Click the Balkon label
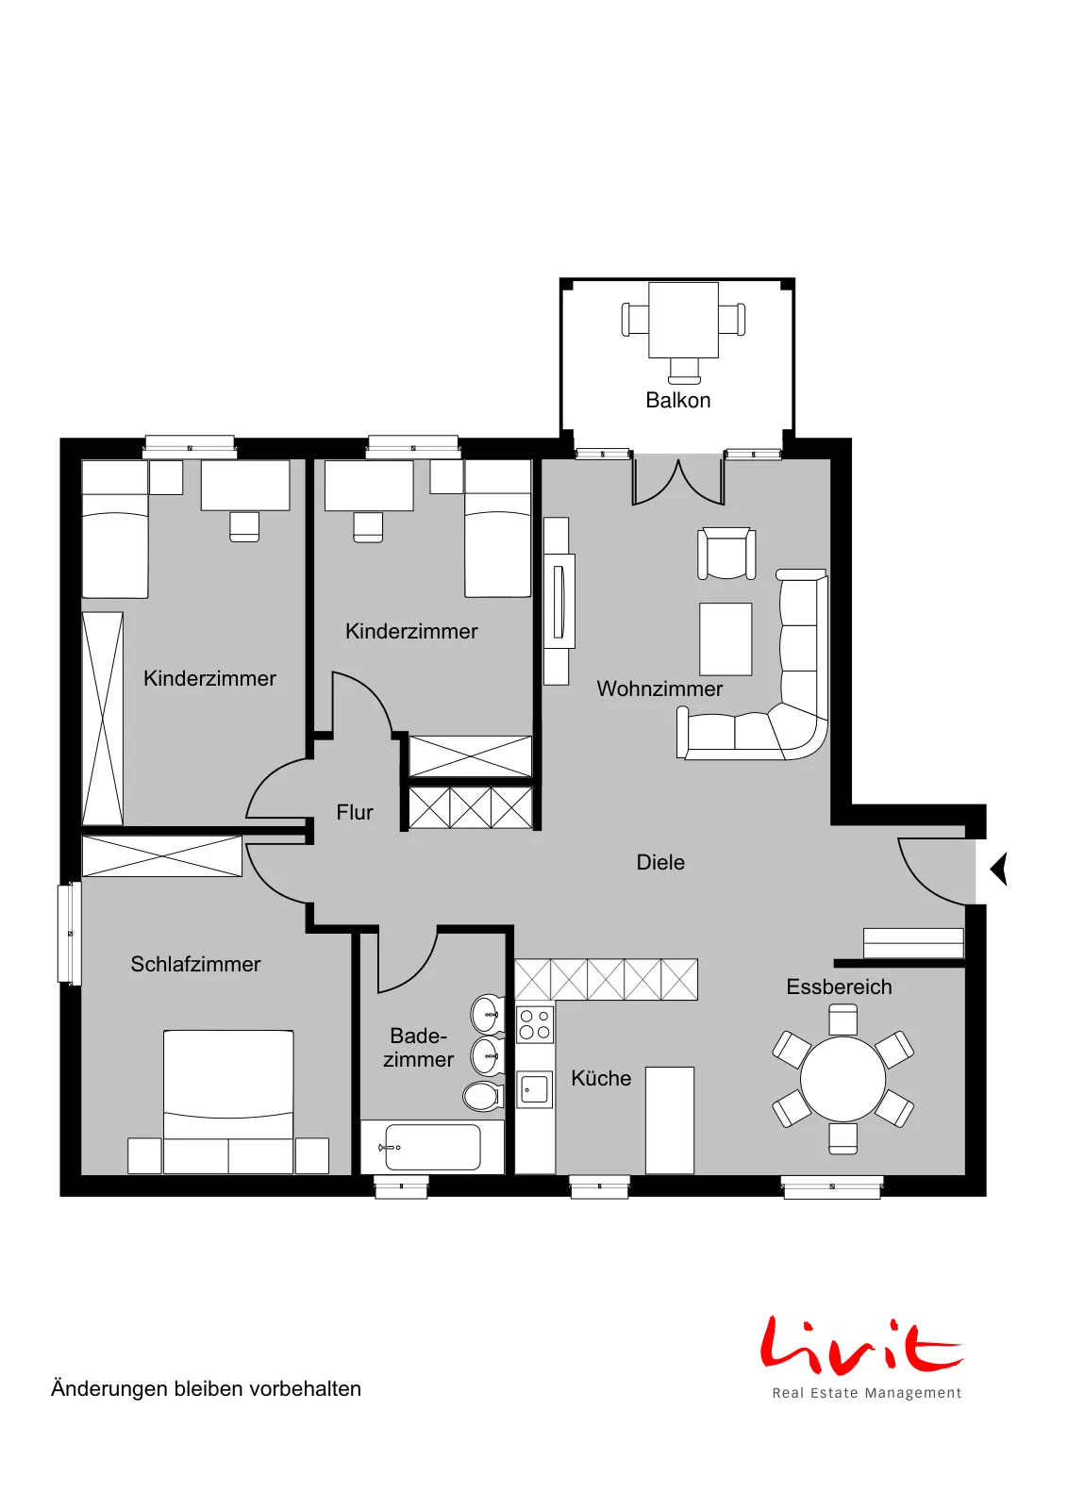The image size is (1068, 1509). point(677,400)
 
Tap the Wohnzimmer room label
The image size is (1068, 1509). point(659,688)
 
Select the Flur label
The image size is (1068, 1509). point(355,812)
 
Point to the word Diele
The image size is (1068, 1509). point(660,862)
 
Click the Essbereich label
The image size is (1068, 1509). point(839,987)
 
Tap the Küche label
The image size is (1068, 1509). point(601,1079)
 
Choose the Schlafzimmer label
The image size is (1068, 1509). point(195,964)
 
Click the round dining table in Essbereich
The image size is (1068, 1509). point(843,1079)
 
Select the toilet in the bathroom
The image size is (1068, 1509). point(482,1097)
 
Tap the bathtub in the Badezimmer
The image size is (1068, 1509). point(432,1147)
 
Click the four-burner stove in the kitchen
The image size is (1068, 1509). point(535,1024)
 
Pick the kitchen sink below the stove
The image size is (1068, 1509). point(534,1088)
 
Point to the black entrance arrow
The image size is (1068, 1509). point(998,869)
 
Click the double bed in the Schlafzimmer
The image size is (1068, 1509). point(228,1103)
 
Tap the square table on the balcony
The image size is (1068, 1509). point(683,320)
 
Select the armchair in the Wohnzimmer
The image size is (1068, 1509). point(726,554)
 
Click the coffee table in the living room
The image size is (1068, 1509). point(726,638)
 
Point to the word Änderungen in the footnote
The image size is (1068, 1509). point(108,1389)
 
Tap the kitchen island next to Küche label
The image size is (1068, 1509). point(670,1120)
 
